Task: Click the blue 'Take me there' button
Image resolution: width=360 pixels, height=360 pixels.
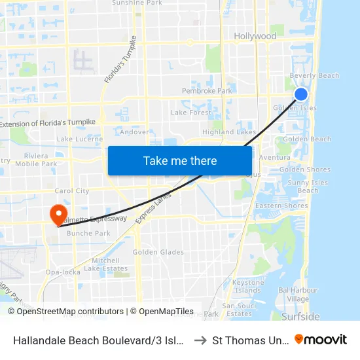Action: pos(180,160)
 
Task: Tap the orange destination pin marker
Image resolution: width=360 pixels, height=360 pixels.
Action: pos(58,214)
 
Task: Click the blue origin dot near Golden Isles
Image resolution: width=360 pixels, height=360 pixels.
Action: pos(301,94)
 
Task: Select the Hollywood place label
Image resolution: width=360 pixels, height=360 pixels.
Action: pos(255,36)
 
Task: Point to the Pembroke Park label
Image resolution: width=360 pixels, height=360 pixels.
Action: pos(207,91)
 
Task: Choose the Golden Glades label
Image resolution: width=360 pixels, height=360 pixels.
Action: pos(158,252)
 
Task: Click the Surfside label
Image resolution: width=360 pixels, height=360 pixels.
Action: pos(300,317)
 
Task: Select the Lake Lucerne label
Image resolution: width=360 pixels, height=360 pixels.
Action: pos(80,139)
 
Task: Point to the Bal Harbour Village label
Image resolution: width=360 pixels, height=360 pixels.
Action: pos(293,294)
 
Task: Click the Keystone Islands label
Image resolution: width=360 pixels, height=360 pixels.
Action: pos(247,286)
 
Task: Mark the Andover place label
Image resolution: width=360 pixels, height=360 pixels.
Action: pos(134,132)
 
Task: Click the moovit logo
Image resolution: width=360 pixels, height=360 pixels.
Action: pos(321,339)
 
